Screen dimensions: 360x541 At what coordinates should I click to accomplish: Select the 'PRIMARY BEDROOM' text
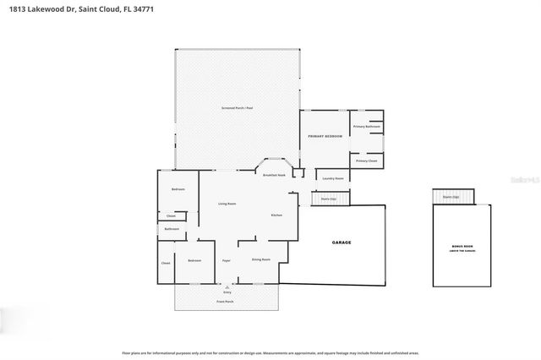coord(325,136)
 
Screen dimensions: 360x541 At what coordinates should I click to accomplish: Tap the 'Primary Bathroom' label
coord(367,127)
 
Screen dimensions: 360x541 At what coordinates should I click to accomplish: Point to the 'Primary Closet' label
coord(366,161)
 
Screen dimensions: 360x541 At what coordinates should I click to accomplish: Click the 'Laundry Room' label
coord(333,178)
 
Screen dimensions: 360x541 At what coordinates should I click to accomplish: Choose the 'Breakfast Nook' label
coord(274,175)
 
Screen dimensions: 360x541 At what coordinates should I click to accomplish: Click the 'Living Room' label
coord(227,204)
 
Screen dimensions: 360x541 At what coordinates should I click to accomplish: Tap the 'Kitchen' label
coord(276,215)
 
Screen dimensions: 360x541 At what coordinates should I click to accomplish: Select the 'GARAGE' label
coord(341,243)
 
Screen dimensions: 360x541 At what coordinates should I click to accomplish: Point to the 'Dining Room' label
coord(260,259)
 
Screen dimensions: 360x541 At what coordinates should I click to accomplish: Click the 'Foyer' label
coord(226,260)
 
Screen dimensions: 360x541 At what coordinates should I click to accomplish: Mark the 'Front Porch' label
coord(227,301)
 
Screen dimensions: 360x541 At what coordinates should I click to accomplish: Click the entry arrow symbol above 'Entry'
coord(227,286)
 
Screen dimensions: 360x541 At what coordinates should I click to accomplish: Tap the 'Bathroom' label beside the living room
coord(172,229)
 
